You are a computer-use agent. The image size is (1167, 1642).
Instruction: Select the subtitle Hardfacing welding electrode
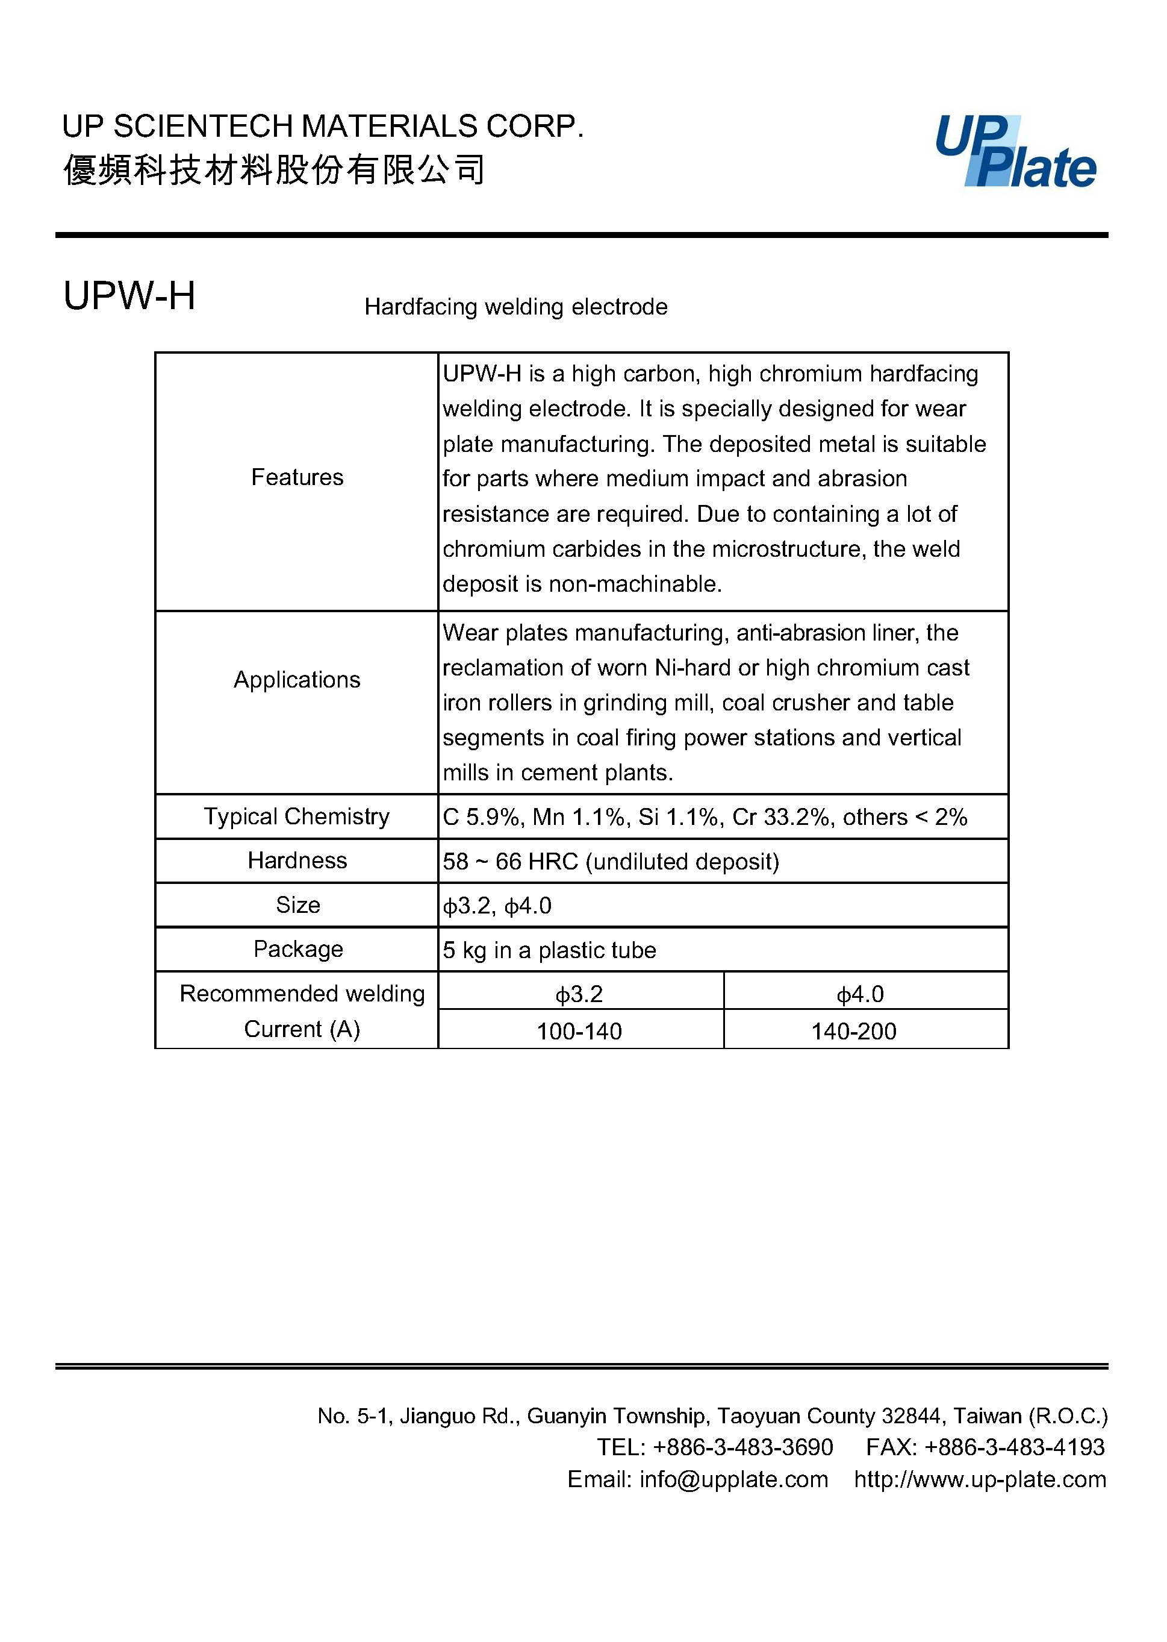coord(515,307)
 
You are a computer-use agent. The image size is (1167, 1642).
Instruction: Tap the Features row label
coord(297,477)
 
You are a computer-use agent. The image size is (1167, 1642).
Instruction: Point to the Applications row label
coord(297,679)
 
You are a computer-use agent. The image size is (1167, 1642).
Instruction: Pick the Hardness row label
coord(297,860)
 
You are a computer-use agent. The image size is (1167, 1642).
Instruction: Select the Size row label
coord(297,905)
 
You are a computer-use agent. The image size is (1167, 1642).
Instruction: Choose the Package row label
coord(297,949)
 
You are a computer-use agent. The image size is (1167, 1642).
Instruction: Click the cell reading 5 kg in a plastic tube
coord(549,950)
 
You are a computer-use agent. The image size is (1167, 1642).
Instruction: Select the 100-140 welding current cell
coord(579,1031)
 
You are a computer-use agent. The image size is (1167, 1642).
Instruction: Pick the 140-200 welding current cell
coord(854,1031)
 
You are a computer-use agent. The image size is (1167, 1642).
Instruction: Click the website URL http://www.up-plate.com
coord(980,1479)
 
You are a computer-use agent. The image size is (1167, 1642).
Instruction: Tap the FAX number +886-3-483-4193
coord(1014,1447)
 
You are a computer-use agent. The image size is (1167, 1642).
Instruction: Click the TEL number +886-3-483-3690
coord(743,1447)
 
